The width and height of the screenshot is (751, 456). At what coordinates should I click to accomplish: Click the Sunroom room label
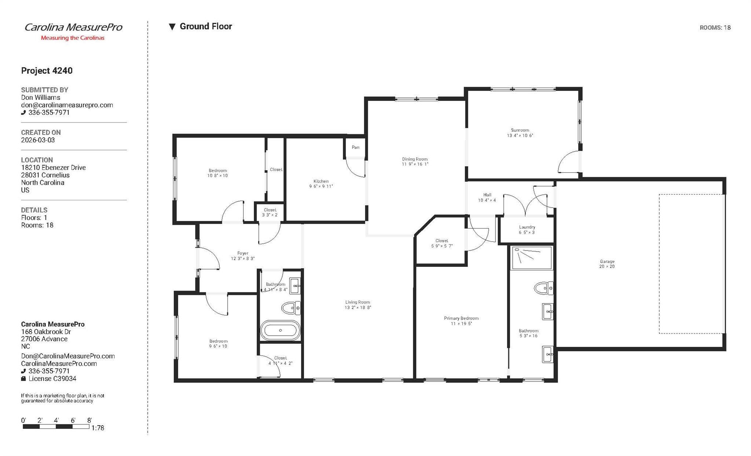520,130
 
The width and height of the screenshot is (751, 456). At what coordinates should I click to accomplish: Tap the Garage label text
607,262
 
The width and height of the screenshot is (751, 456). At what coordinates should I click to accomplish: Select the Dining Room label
414,159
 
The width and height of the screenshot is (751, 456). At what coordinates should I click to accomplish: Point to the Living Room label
358,302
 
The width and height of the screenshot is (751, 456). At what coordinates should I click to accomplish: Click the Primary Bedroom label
461,318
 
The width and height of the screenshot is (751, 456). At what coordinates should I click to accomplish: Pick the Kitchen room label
321,181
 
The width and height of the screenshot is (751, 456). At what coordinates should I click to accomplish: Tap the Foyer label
243,253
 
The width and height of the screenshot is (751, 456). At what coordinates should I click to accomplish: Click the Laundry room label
527,227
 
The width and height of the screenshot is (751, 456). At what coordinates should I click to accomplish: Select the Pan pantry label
355,147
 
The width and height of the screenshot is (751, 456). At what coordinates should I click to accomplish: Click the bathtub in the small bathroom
281,330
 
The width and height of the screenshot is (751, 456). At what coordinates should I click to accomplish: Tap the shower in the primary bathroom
531,258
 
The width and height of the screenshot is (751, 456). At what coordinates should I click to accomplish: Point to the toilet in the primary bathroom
543,288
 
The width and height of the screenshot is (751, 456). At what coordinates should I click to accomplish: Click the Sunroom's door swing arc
567,161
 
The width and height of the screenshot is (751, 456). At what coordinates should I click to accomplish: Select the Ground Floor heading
205,26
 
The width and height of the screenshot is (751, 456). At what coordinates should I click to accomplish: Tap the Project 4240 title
47,71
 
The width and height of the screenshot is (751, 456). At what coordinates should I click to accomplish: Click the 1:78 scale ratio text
98,428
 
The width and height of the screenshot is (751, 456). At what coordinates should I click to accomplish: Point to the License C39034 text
52,379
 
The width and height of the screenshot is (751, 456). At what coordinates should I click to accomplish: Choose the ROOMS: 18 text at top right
715,28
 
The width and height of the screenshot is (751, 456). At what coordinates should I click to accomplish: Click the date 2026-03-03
38,140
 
